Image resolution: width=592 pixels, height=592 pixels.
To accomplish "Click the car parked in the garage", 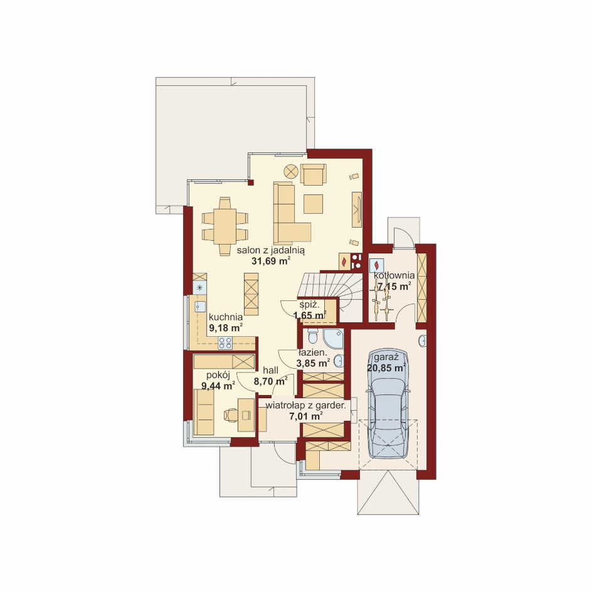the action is [388, 403].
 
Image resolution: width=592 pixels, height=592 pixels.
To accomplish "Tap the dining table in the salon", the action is [225, 226].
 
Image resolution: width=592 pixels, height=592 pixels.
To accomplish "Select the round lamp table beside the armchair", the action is [291, 171].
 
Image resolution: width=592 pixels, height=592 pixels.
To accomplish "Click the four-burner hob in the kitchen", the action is [225, 343].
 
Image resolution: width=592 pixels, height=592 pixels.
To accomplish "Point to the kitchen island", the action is [251, 294].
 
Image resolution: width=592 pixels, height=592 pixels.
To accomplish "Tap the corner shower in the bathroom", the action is [334, 338].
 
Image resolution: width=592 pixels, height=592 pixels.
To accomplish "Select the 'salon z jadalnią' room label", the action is [271, 250].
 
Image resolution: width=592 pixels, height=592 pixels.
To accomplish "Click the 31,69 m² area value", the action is [271, 260].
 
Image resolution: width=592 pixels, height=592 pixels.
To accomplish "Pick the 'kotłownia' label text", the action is [394, 275].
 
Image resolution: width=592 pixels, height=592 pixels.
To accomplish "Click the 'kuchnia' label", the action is [225, 317].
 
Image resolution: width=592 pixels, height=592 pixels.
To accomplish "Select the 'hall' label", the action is [270, 371].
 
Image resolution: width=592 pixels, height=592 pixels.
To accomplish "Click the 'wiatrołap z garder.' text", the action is [306, 406].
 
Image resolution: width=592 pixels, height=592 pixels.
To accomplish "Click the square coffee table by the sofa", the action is [314, 204].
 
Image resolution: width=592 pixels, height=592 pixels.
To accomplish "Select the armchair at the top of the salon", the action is [314, 174].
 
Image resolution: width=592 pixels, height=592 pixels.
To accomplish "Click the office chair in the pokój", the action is [231, 415].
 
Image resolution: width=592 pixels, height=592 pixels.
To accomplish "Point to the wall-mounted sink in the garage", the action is [423, 341].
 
